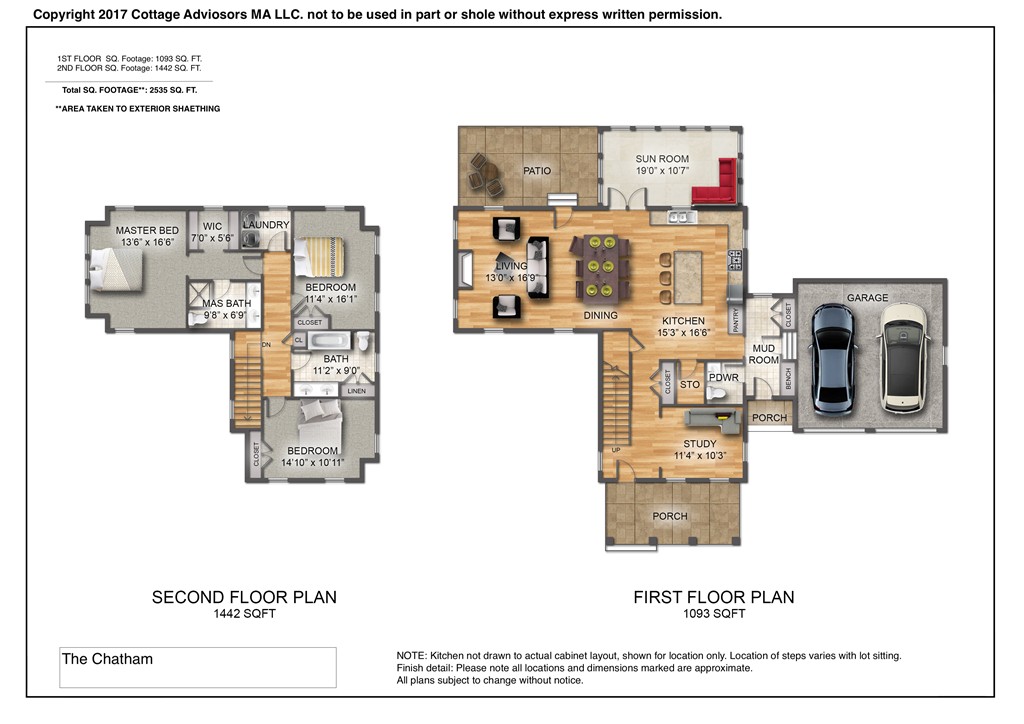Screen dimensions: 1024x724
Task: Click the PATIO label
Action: pos(537,171)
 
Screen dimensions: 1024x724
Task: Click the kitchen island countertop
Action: pos(688,278)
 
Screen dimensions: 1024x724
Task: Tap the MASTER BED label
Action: pos(147,230)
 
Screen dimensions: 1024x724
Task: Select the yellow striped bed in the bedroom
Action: pos(319,257)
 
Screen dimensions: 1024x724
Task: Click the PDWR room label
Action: pos(724,377)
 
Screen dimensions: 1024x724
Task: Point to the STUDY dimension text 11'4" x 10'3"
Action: pos(700,456)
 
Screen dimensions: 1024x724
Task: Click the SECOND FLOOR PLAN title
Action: pos(244,597)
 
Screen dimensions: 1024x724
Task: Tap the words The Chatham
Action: pos(107,659)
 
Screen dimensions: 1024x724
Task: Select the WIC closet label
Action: pos(212,227)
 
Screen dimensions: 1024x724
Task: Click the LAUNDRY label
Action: pos(266,225)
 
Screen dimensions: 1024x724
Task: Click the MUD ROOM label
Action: pos(763,354)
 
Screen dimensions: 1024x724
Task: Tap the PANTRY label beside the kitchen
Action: pos(736,321)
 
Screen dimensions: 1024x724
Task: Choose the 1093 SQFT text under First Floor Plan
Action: pos(714,614)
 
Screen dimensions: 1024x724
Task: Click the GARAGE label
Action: pos(867,298)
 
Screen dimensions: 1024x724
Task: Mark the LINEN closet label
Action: pos(357,391)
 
